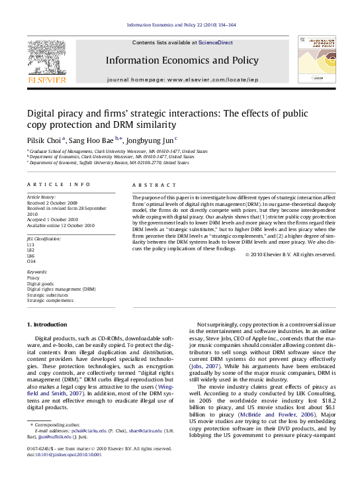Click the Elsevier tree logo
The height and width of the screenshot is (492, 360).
46,61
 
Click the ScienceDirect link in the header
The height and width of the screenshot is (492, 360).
216,42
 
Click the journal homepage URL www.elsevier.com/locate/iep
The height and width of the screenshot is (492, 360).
209,79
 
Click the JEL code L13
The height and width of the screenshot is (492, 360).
30,245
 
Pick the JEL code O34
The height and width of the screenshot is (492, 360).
30,261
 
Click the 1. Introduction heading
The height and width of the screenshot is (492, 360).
46,324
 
